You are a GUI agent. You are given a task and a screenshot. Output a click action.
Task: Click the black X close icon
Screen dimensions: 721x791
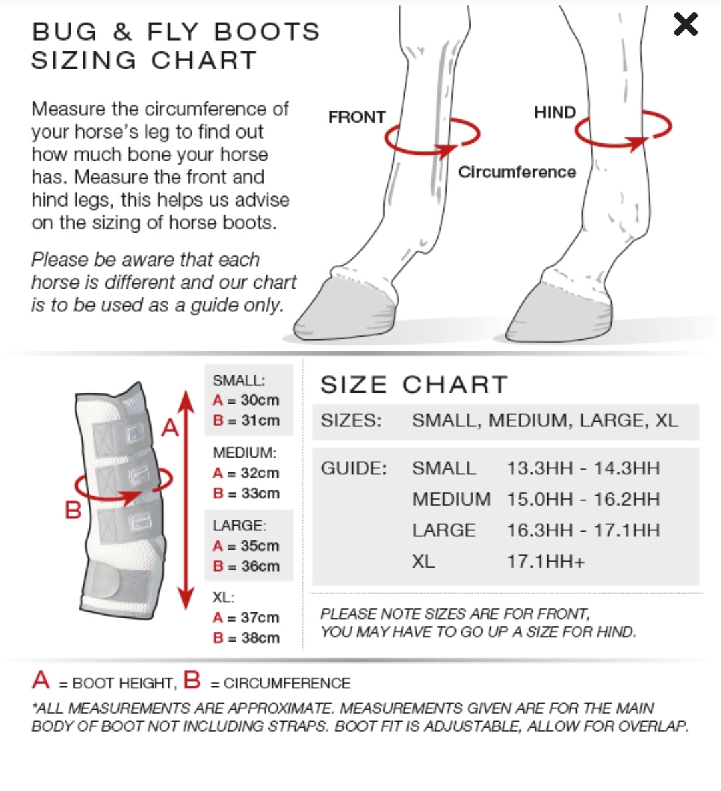point(685,24)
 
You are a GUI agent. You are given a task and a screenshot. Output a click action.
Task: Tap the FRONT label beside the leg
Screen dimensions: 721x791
point(357,117)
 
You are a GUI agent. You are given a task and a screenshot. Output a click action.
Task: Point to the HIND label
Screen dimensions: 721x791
point(555,112)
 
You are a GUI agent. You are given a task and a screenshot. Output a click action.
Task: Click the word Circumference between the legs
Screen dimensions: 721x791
point(517,172)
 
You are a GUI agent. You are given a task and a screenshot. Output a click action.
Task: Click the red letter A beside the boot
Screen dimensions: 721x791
point(171,428)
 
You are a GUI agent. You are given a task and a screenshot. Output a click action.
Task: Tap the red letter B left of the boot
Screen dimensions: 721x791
point(73,510)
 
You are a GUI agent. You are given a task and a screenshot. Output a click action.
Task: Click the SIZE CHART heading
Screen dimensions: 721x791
point(414,385)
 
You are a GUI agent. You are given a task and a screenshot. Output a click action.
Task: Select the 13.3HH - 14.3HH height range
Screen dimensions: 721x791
point(583,468)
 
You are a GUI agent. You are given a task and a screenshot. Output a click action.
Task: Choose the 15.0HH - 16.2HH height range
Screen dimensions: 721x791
point(583,500)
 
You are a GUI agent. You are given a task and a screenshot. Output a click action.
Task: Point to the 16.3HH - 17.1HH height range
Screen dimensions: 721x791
point(583,531)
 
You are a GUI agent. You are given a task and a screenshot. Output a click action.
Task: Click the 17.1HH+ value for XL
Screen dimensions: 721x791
point(546,562)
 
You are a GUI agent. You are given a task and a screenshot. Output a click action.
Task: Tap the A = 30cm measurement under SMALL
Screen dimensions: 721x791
point(246,400)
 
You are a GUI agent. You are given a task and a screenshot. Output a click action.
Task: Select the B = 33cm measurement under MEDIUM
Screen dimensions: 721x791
point(246,493)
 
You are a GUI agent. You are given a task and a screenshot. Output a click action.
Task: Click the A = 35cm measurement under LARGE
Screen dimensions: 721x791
point(246,546)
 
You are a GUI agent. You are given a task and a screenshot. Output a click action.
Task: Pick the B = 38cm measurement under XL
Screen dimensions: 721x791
point(246,638)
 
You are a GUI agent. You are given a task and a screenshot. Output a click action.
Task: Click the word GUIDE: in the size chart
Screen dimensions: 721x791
point(353,469)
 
